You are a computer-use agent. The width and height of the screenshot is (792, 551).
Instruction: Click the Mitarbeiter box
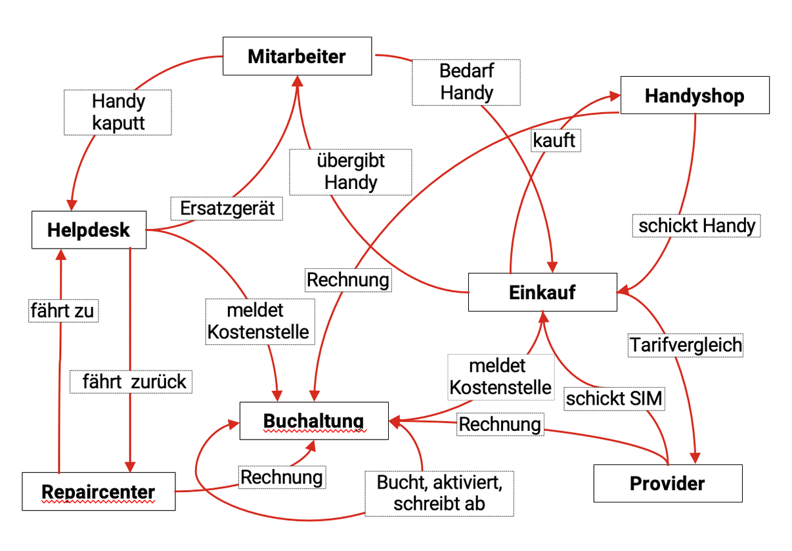point(297,56)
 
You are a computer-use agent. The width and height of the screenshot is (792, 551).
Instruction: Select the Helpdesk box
point(89,230)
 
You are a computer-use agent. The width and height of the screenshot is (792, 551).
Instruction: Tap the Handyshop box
point(694,96)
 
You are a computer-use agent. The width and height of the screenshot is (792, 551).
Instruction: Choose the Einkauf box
point(542,293)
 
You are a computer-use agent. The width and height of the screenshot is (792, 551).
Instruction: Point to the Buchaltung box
point(313,420)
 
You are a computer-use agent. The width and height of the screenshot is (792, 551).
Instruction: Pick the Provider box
point(667,483)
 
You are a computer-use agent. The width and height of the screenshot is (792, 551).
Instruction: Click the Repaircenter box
point(99,491)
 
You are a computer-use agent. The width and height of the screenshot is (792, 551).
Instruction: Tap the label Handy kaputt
point(118,112)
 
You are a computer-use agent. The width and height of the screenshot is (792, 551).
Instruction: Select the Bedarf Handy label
point(466,82)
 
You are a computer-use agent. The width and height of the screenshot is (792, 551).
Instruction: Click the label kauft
point(555,140)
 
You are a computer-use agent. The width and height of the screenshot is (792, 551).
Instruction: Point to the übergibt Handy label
point(351,171)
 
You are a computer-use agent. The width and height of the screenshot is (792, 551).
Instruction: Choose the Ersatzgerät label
point(226,209)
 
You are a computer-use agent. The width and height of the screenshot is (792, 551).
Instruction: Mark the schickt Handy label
point(697,226)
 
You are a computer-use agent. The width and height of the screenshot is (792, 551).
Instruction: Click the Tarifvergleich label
point(686,344)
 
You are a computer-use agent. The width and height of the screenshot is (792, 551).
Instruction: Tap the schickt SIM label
point(615,398)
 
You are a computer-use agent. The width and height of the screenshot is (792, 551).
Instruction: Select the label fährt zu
point(62,310)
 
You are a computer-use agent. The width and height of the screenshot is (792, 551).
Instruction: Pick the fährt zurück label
point(135,381)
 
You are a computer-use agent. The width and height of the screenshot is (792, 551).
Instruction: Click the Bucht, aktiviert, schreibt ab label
point(439,493)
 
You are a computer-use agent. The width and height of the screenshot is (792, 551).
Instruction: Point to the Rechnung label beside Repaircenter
point(282,477)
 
